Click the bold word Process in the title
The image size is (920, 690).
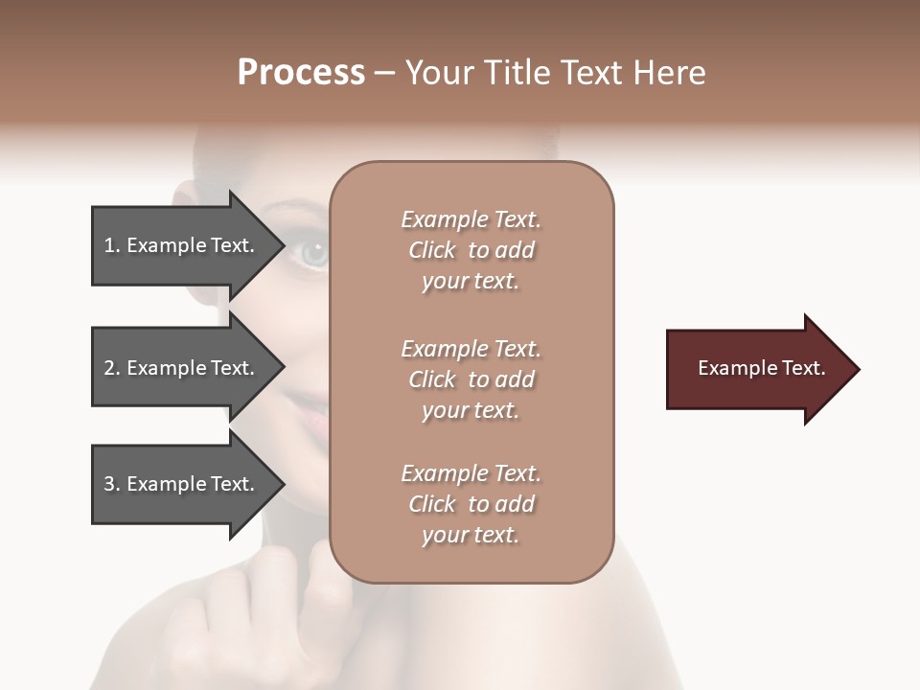click(301, 73)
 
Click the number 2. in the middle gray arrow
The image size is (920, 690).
click(112, 368)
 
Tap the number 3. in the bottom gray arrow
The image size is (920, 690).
click(112, 484)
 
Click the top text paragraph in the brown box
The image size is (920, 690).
click(471, 250)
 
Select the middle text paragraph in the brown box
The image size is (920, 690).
click(471, 379)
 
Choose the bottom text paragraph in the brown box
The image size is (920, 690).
click(471, 504)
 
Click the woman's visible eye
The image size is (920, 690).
click(313, 253)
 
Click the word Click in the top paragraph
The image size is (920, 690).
click(431, 250)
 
